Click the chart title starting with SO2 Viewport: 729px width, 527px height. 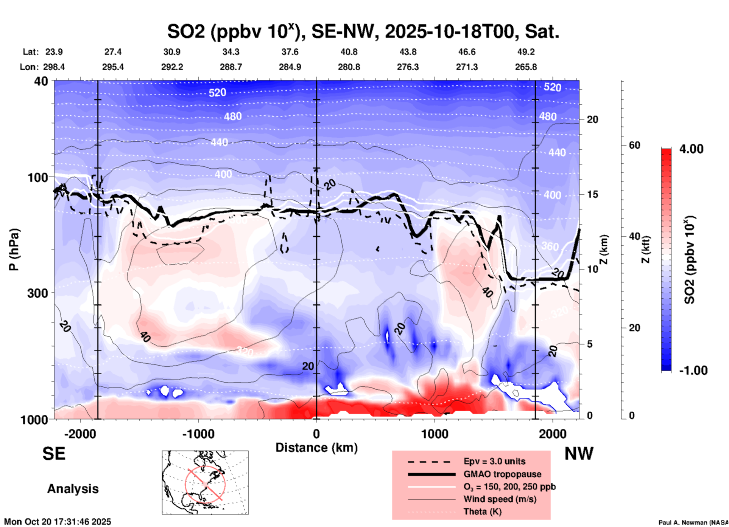(363, 32)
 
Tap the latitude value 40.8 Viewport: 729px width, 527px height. (349, 52)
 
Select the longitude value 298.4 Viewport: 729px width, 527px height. (54, 67)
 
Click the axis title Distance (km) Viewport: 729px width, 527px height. (316, 448)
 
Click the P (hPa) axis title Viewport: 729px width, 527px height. (14, 250)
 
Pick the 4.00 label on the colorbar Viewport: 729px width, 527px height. (691, 149)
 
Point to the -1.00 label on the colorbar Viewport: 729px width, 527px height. (693, 370)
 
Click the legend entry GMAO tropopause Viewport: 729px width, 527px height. (502, 474)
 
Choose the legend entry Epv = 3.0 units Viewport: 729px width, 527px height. (494, 461)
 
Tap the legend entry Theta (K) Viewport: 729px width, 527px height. (482, 511)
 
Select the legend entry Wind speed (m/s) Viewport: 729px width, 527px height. (500, 499)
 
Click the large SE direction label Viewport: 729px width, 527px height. (54, 454)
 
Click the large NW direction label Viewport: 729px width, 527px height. (579, 454)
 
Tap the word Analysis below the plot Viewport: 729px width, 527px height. (73, 489)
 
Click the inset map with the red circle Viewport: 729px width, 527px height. (205, 482)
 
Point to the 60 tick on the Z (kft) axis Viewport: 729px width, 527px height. (634, 145)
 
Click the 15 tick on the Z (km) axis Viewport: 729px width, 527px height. (592, 194)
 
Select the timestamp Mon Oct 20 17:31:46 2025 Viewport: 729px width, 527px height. (58, 522)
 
